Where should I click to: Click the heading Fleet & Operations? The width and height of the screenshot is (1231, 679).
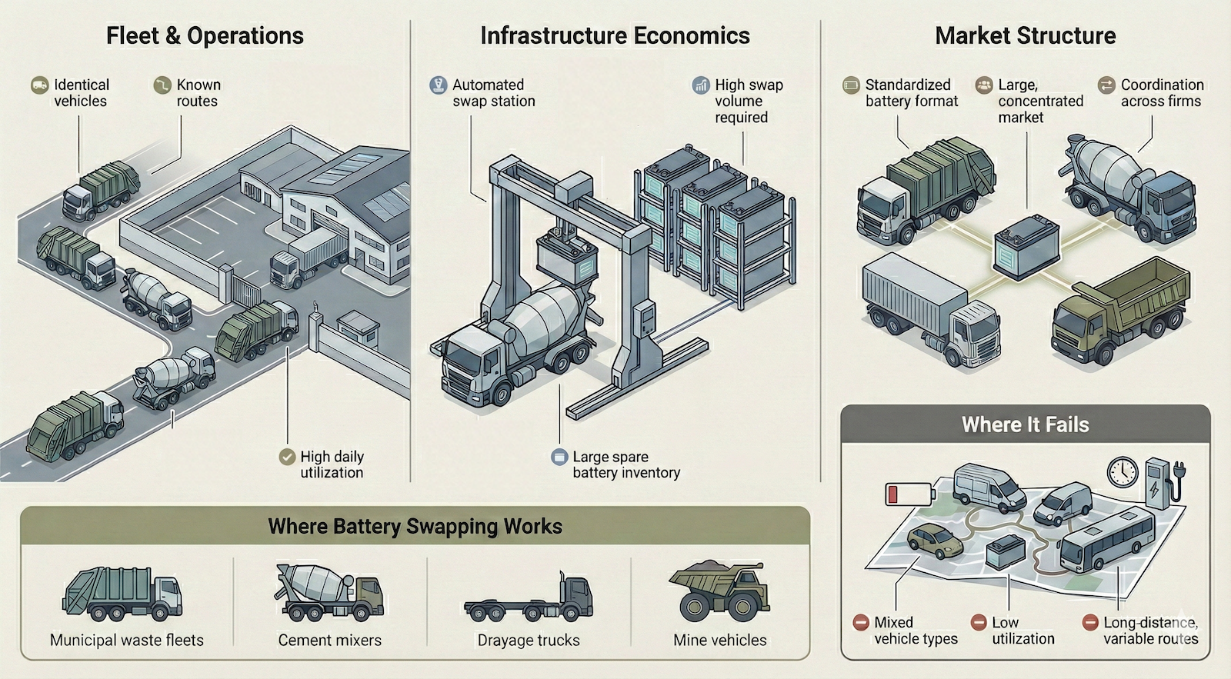[x=205, y=36]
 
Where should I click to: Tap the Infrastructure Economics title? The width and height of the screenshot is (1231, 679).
[x=615, y=36]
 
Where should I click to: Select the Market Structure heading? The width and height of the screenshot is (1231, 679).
[x=1025, y=36]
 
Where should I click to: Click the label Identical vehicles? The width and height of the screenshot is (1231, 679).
[x=81, y=93]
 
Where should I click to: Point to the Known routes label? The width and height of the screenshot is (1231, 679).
[x=198, y=93]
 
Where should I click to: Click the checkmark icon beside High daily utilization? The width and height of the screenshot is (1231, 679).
[x=287, y=457]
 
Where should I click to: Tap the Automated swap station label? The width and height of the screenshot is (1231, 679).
[x=493, y=93]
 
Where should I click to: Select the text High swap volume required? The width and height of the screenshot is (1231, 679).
[x=748, y=101]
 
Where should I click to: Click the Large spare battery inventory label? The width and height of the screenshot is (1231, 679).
[x=626, y=464]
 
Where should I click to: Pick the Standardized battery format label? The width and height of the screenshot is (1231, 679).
[x=911, y=93]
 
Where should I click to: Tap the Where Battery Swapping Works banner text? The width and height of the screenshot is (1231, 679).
[x=415, y=527]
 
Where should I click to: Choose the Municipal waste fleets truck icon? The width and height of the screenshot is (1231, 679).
[x=122, y=594]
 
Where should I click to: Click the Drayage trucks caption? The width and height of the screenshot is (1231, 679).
[x=529, y=641]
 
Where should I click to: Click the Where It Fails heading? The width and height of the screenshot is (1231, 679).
[x=1025, y=425]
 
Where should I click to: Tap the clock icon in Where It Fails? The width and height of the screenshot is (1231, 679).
[x=1123, y=471]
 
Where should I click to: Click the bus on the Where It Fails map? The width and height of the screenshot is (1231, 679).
[x=1107, y=541]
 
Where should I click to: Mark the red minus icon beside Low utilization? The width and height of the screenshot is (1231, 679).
[x=979, y=622]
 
